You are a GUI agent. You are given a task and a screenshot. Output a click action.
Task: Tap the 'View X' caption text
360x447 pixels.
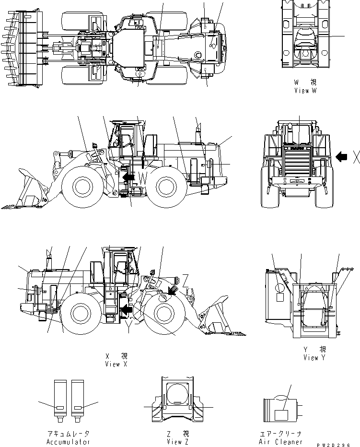[x=116, y=364]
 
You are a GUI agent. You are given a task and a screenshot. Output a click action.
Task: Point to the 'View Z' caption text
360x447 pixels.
[x=178, y=442]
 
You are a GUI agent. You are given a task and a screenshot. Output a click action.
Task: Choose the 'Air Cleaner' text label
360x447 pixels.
[x=280, y=442]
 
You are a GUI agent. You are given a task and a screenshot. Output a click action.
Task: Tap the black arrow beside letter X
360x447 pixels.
[x=341, y=156]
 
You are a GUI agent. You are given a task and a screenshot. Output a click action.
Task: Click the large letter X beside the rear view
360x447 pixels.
[x=355, y=157]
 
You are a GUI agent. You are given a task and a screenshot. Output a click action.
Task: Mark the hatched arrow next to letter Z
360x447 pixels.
[x=173, y=289]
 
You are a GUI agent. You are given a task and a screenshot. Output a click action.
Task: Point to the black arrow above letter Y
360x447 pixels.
[x=127, y=311]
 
